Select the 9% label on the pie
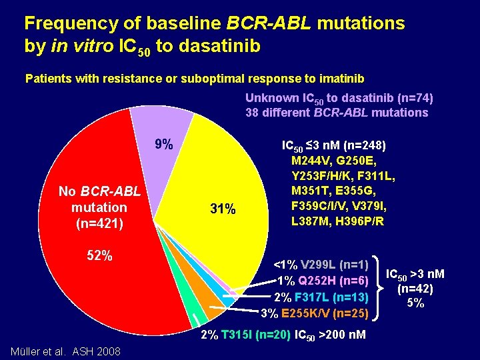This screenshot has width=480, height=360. coord(164,144)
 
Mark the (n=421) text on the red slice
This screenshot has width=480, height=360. coord(99,223)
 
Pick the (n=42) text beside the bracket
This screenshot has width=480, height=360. coord(415,289)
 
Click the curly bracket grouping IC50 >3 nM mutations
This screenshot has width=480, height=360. coord(381,288)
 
